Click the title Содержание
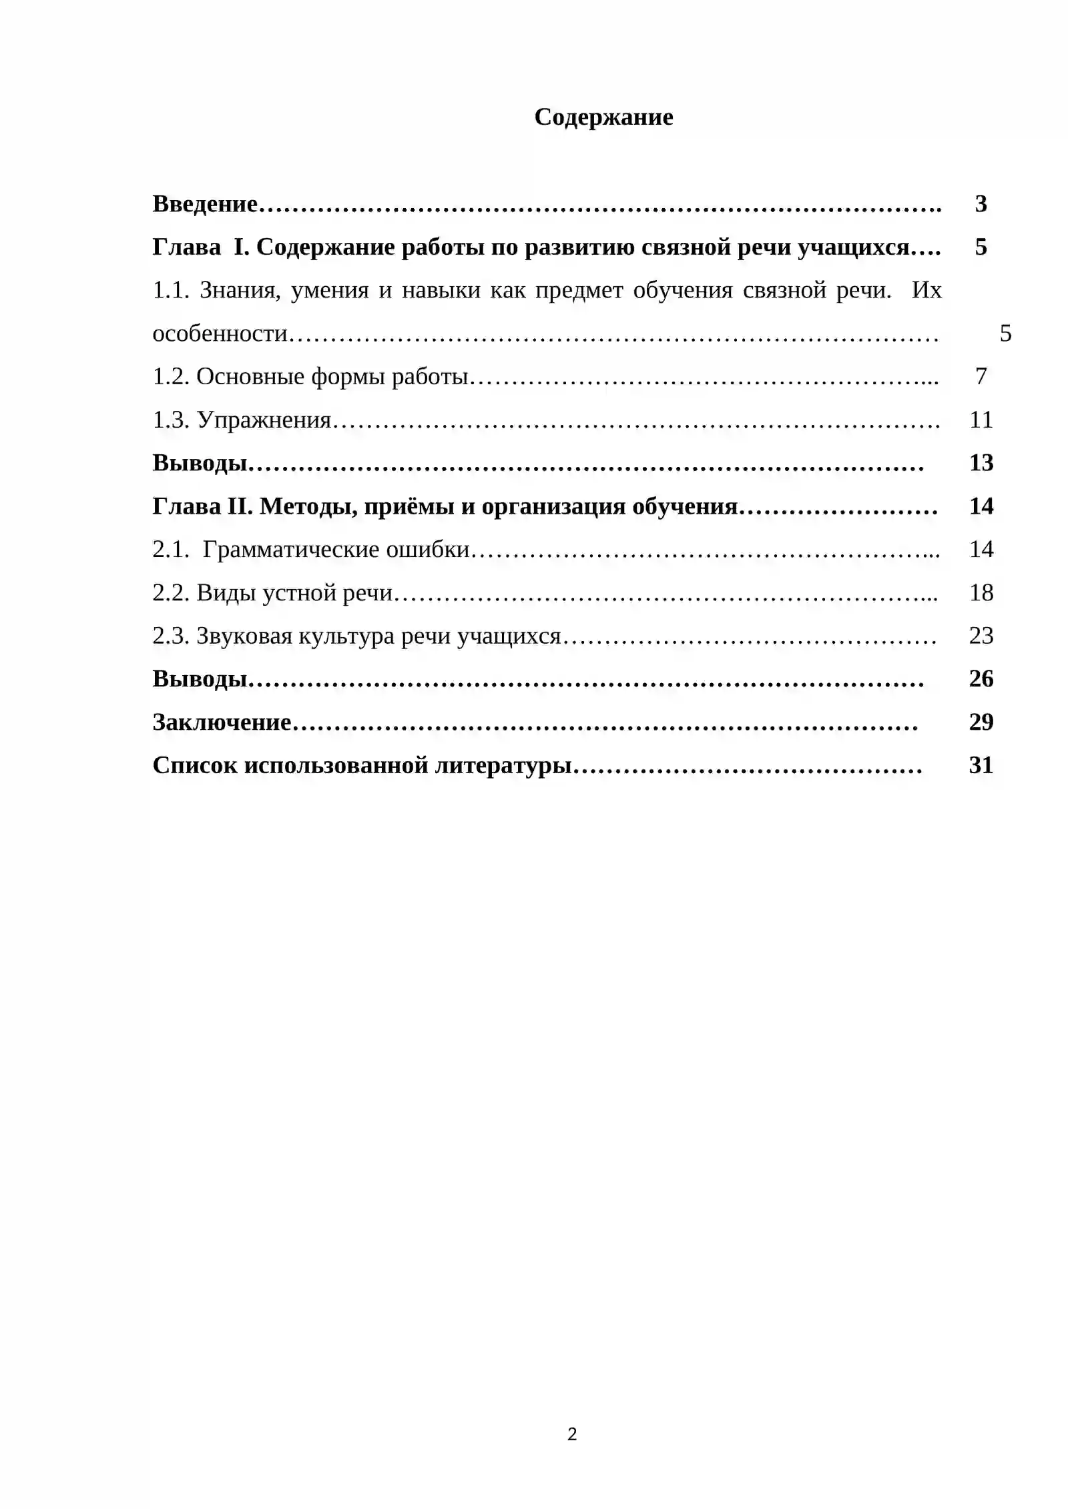603,117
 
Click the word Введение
204,204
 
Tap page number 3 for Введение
981,204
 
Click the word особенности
220,334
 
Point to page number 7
981,377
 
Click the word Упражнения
264,420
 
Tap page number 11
981,420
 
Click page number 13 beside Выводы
981,463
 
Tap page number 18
981,593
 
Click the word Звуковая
244,636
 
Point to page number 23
981,636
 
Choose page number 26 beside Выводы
981,679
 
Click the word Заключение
222,722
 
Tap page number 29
981,722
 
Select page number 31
981,766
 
